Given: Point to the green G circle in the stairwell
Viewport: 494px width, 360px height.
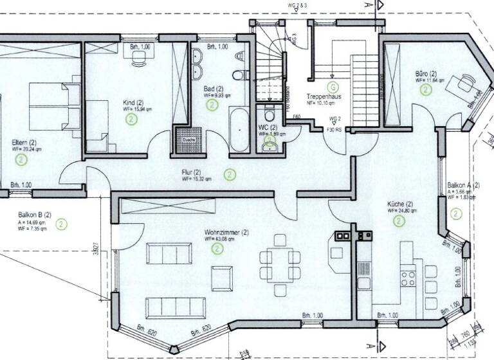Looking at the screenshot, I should (x=333, y=86).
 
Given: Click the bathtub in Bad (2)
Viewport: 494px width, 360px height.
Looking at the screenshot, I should (x=239, y=129).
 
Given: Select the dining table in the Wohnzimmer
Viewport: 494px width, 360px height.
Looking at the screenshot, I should (x=280, y=264).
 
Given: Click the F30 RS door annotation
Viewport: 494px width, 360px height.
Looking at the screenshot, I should (x=335, y=130).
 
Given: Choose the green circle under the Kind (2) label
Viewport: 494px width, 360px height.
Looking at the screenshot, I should (x=131, y=120).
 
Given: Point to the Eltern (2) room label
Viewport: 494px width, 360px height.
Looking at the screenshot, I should (x=24, y=142).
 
